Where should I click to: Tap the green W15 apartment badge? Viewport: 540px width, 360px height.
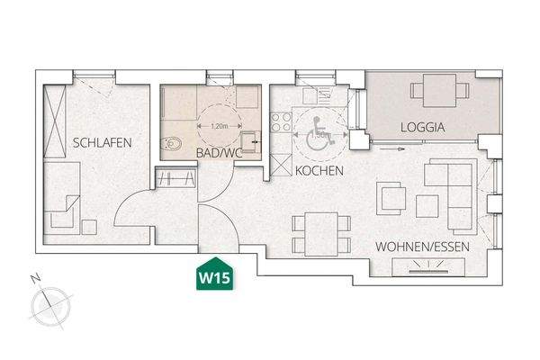(214, 276)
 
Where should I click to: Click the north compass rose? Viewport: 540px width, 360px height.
(49, 306)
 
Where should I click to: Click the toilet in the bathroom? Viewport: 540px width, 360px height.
(174, 142)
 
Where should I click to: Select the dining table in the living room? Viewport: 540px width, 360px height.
(316, 232)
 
